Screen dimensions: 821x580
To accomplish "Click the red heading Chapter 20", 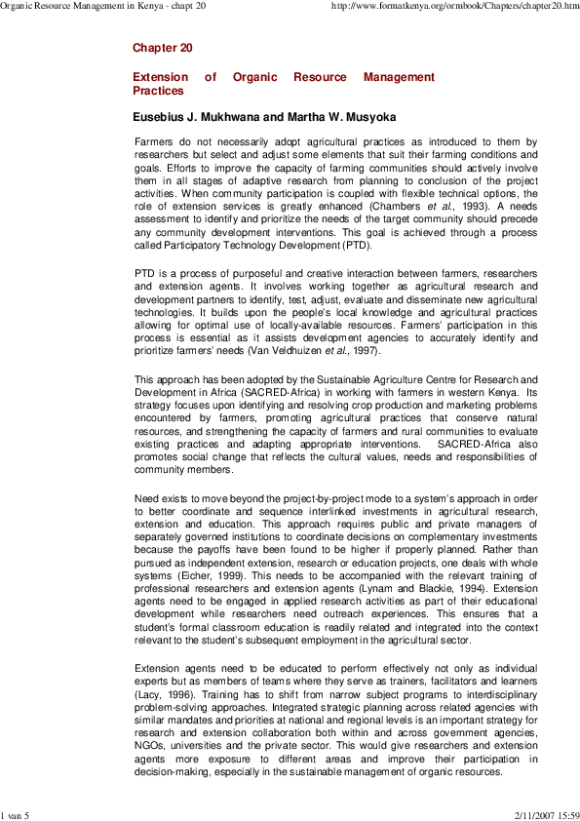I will click(x=162, y=47).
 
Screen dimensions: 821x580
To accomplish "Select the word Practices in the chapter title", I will click(x=158, y=91).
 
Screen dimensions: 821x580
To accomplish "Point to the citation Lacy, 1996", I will click(x=162, y=693).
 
